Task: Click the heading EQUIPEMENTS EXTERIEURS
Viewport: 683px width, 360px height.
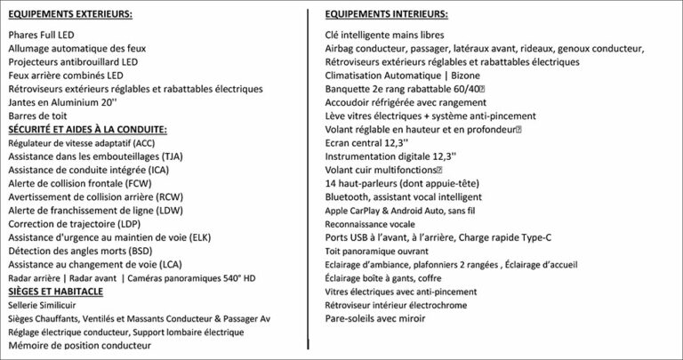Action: coord(70,14)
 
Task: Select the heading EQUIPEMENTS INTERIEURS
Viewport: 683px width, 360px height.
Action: coord(386,14)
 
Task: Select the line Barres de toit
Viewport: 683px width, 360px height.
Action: coord(37,115)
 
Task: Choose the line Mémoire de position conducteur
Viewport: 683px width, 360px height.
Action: coord(79,345)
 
